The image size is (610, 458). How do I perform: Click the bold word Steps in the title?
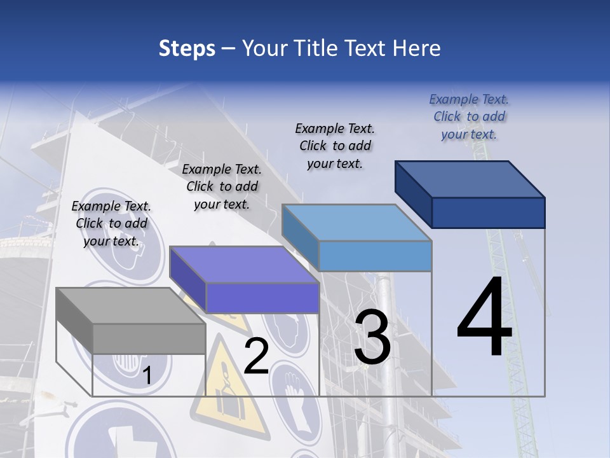point(187,48)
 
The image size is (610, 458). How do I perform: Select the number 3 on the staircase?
point(372,337)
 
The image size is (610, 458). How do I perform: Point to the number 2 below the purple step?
point(256,356)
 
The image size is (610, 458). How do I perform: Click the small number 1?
point(147,376)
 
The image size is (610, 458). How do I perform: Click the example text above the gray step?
point(111,223)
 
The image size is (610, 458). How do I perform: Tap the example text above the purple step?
point(222,186)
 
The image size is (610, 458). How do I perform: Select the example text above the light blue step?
point(335,146)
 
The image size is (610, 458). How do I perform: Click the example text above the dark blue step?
point(469,116)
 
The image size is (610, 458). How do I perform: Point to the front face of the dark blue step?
point(488,212)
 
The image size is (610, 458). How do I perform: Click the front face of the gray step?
point(149,338)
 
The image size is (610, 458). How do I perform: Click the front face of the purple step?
point(262,298)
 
